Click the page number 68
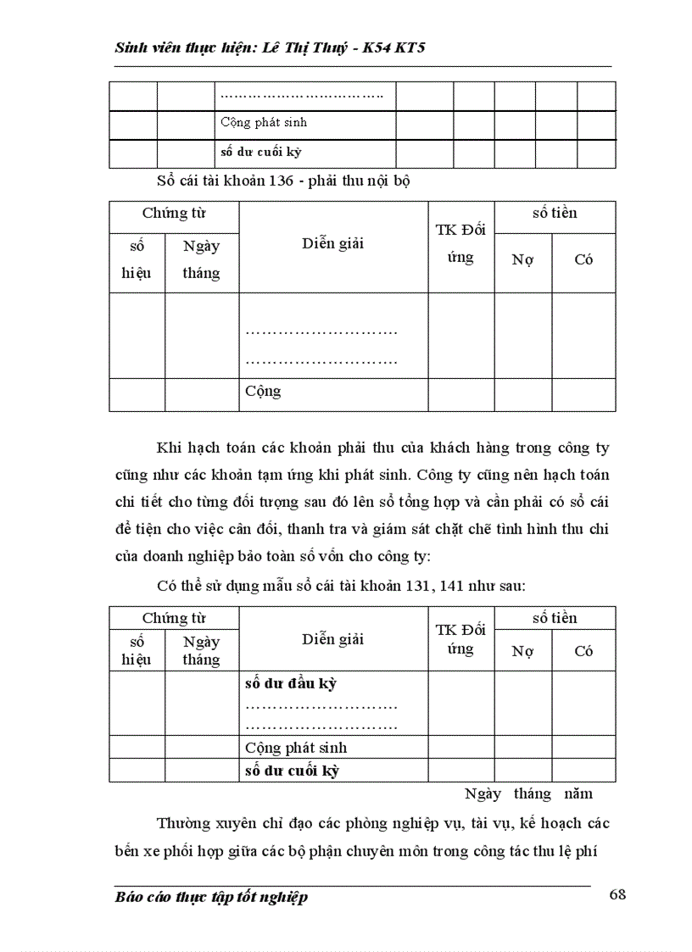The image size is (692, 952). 617,896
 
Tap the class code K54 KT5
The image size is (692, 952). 393,47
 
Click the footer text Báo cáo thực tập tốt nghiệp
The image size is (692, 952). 210,898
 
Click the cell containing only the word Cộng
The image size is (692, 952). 263,392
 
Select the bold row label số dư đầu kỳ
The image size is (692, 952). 290,683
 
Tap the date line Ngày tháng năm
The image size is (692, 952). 528,793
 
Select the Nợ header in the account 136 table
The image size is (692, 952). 522,260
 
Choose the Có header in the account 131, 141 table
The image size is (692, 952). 583,651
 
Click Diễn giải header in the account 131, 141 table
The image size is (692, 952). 332,639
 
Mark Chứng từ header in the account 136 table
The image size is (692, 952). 174,213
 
